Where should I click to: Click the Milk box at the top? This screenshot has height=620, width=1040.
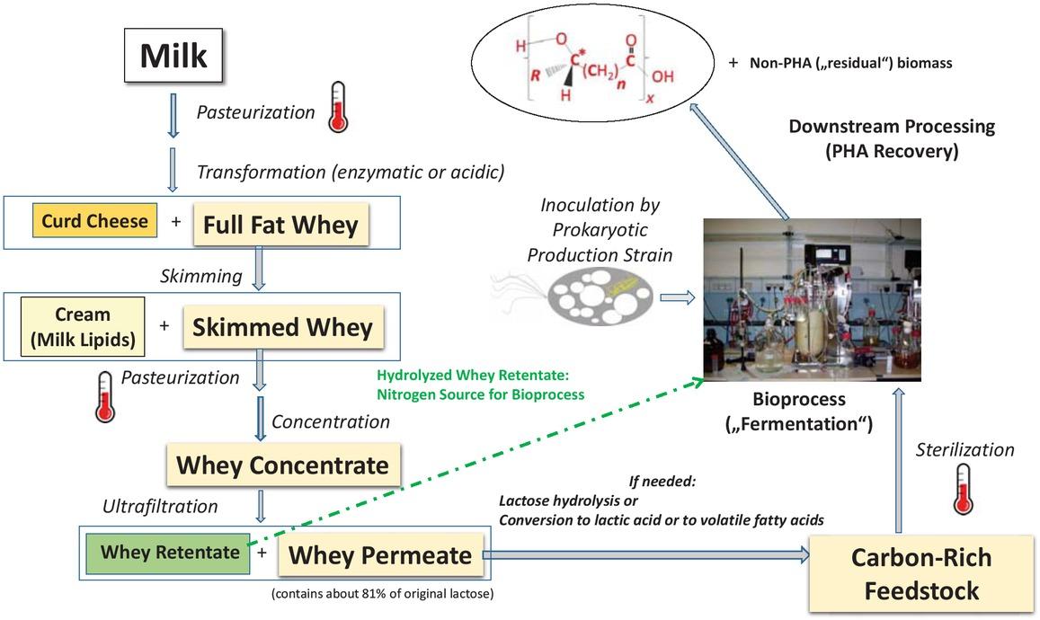pos(173,56)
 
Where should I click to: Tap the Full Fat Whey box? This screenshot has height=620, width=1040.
pos(280,224)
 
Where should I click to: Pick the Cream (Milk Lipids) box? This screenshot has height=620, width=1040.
pos(83,325)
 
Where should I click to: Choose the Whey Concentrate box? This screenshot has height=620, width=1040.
pos(282,465)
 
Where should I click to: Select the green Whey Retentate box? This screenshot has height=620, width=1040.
pos(170,552)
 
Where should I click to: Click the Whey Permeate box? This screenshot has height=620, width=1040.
pos(379,556)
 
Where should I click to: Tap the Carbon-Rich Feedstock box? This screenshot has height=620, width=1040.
pos(922,573)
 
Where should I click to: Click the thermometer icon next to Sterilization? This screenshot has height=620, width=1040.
pos(964,489)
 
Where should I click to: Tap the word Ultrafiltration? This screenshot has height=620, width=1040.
pos(160,507)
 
